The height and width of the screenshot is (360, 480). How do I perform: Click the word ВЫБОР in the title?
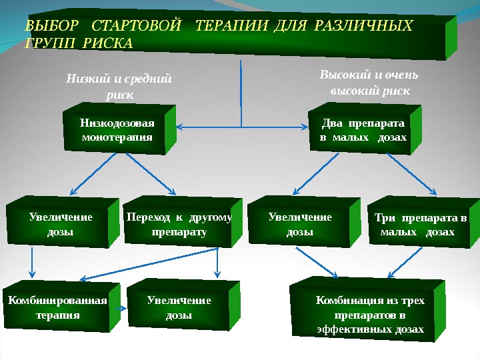pos(51,27)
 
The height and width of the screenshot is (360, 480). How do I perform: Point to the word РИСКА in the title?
pos(111,44)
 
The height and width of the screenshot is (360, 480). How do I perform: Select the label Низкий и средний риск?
pos(119,87)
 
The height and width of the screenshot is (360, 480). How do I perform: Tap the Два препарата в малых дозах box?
pos(363,131)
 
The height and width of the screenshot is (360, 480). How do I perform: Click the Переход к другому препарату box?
pos(179,225)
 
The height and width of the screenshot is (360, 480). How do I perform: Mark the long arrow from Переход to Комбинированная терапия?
pos(150,263)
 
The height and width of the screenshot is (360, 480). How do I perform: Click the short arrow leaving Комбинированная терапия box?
pos(123,308)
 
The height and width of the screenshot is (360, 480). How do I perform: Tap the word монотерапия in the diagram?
pos(117,137)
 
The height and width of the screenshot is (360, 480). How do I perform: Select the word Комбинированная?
pos(57,301)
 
